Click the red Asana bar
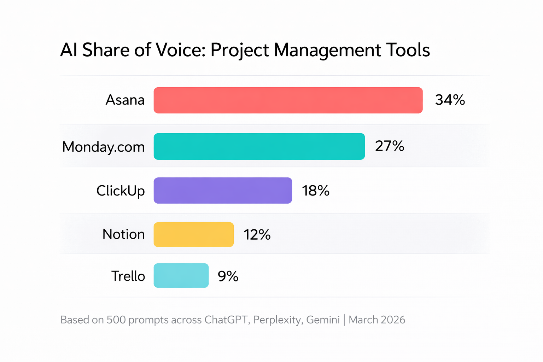[x=288, y=100]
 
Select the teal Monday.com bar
[x=259, y=146]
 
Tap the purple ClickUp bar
[x=223, y=191]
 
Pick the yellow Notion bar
[x=194, y=234]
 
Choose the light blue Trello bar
[x=181, y=276]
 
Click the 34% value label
[x=450, y=100]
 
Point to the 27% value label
[x=390, y=146]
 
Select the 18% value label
[x=316, y=191]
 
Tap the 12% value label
[x=257, y=235]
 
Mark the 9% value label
[x=228, y=276]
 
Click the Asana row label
[x=125, y=100]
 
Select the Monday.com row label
[x=104, y=147]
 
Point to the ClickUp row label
[x=121, y=191]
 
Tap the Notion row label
[x=124, y=234]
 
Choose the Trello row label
[x=128, y=276]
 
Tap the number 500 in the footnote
[x=116, y=320]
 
